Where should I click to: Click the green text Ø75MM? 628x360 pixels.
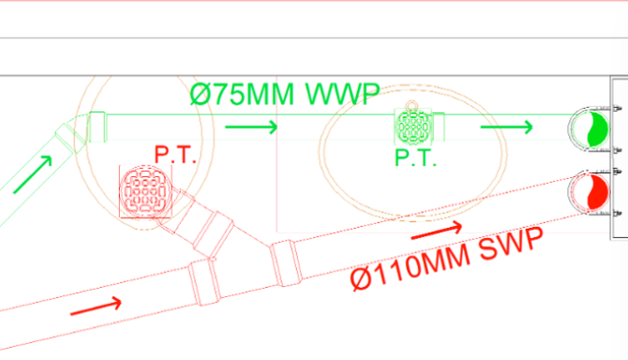pyautogui.click(x=242, y=95)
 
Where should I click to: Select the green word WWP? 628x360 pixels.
pyautogui.click(x=342, y=94)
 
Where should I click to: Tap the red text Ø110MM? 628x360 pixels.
pyautogui.click(x=411, y=266)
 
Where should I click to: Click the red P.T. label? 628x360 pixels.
pyautogui.click(x=175, y=155)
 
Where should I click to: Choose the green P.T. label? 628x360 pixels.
pyautogui.click(x=415, y=157)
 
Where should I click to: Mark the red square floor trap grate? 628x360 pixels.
pyautogui.click(x=146, y=192)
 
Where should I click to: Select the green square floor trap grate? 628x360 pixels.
pyautogui.click(x=413, y=127)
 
